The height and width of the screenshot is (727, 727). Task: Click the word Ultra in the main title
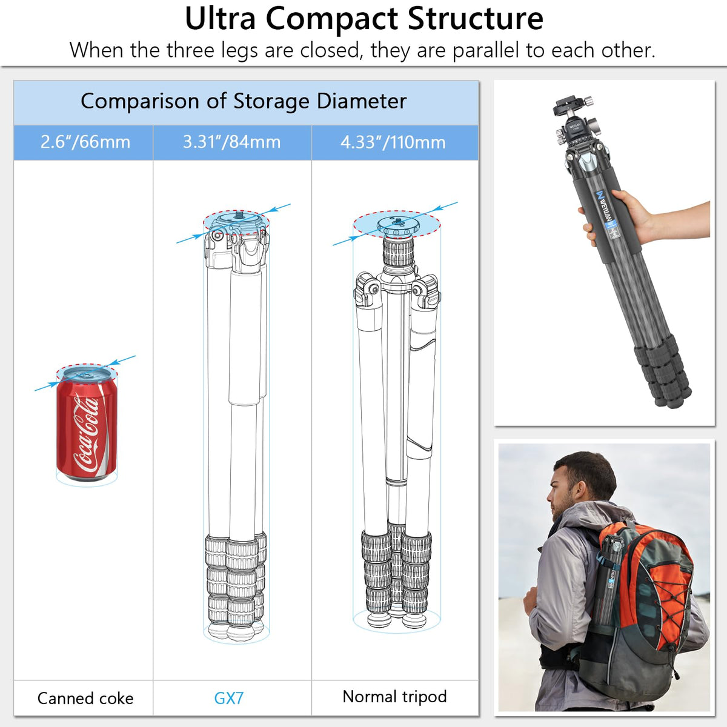(x=221, y=19)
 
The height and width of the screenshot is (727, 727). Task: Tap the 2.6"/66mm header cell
(x=84, y=142)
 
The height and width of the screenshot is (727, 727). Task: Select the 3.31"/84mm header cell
(x=232, y=142)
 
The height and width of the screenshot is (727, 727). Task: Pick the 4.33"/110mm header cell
(x=394, y=142)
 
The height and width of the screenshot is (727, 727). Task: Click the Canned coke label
(x=85, y=699)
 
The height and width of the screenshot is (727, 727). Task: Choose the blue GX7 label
(x=228, y=699)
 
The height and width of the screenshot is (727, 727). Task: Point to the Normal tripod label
(x=394, y=697)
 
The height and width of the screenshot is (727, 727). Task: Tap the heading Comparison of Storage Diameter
(x=244, y=101)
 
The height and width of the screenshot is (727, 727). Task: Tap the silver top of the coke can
(x=87, y=374)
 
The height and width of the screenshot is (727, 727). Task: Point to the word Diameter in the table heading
(x=362, y=101)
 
